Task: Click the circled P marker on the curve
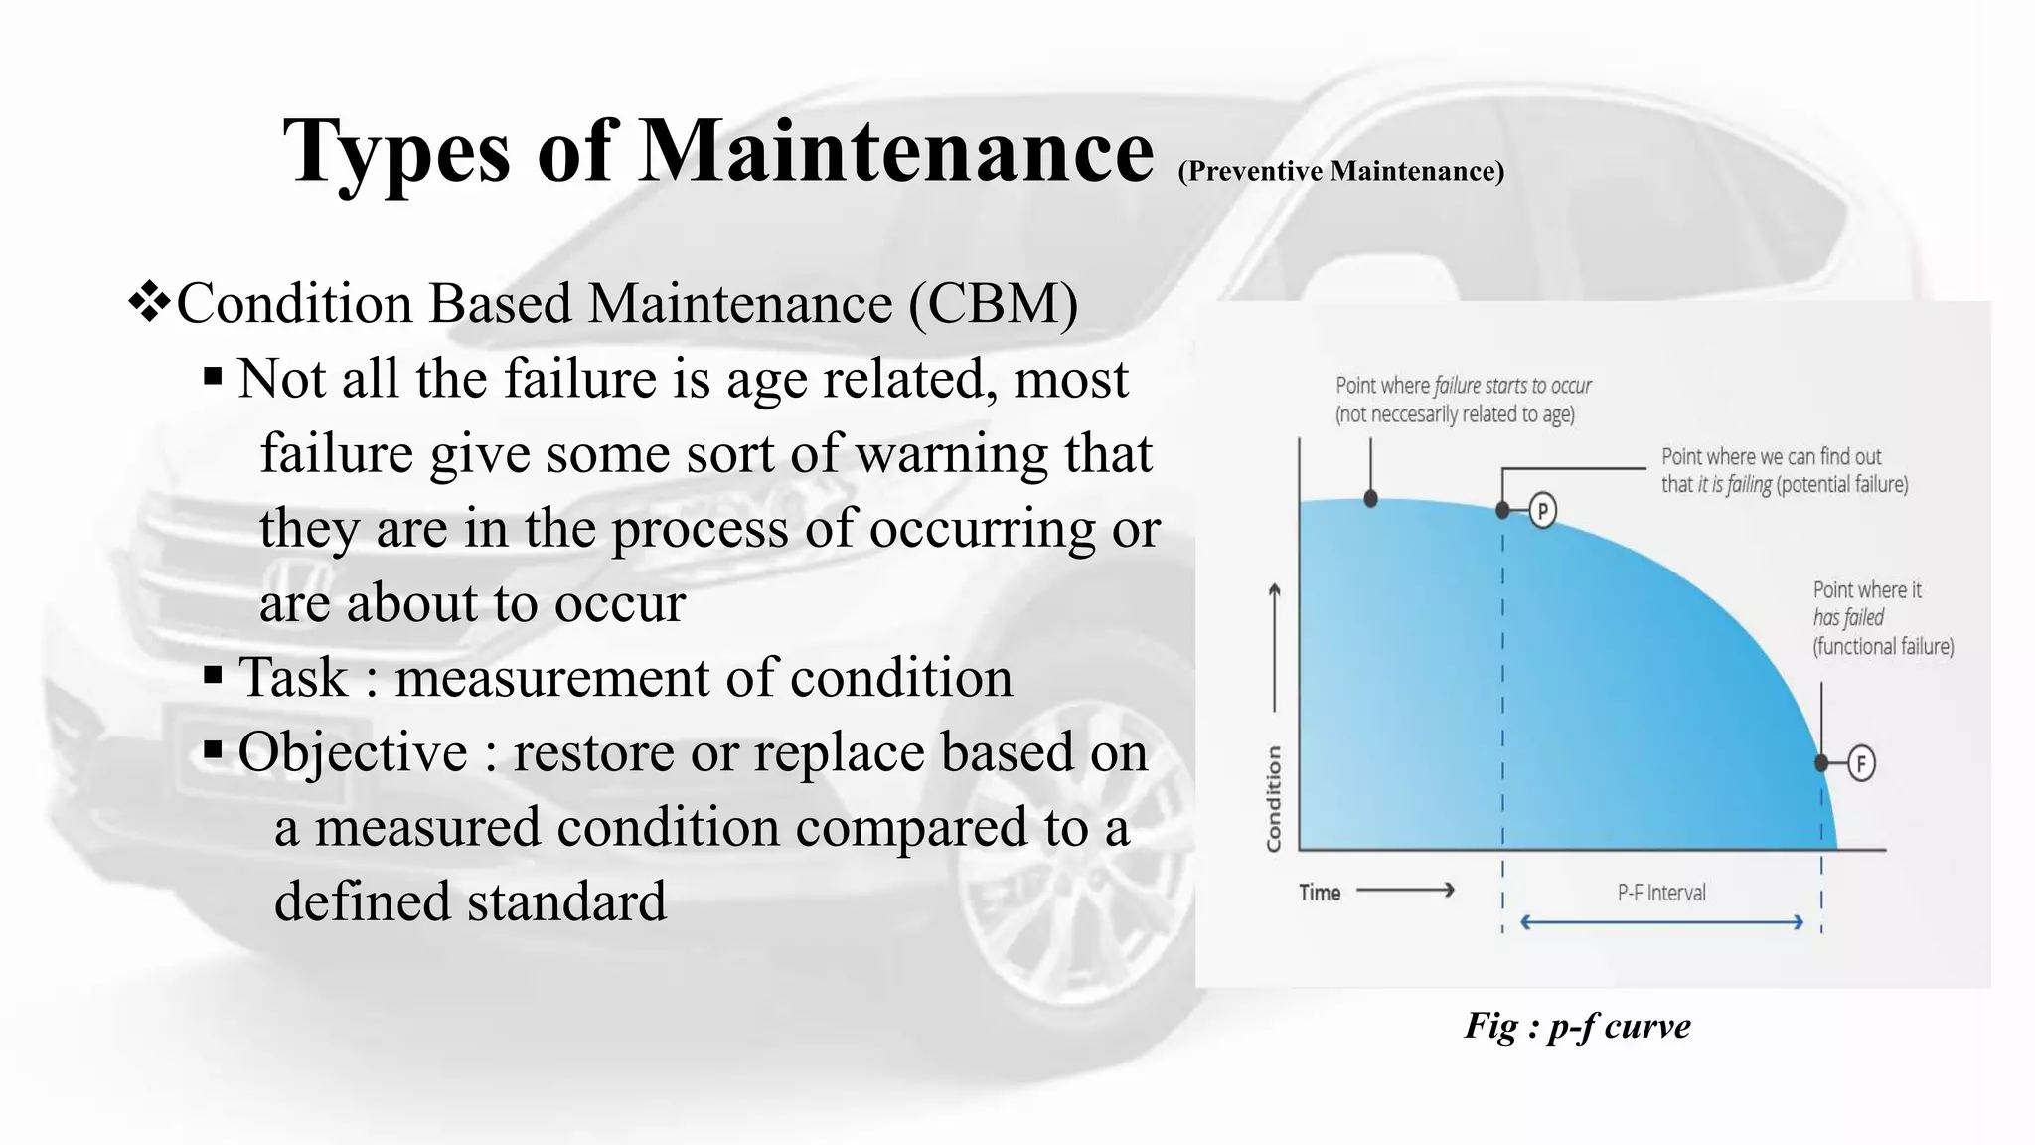pos(1542,511)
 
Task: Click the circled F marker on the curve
pos(1860,763)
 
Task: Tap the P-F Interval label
pos(1661,893)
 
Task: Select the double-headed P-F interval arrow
pos(1661,922)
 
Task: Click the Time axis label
pos(1320,893)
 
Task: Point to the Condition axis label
pos(1274,799)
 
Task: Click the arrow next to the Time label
pos(1405,890)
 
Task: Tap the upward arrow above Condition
pos(1275,646)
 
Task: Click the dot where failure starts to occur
pos(1371,499)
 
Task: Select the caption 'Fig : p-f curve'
pos(1577,1026)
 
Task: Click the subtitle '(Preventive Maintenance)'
pos(1340,171)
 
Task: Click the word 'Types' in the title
pos(396,151)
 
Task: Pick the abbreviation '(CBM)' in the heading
pos(993,304)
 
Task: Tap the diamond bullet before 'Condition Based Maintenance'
pos(149,302)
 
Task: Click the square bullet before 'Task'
pos(213,677)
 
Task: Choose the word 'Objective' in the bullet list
pos(353,752)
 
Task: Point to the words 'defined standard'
pos(470,901)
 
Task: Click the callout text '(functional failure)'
pos(1883,647)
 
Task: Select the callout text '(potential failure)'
pos(1842,485)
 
